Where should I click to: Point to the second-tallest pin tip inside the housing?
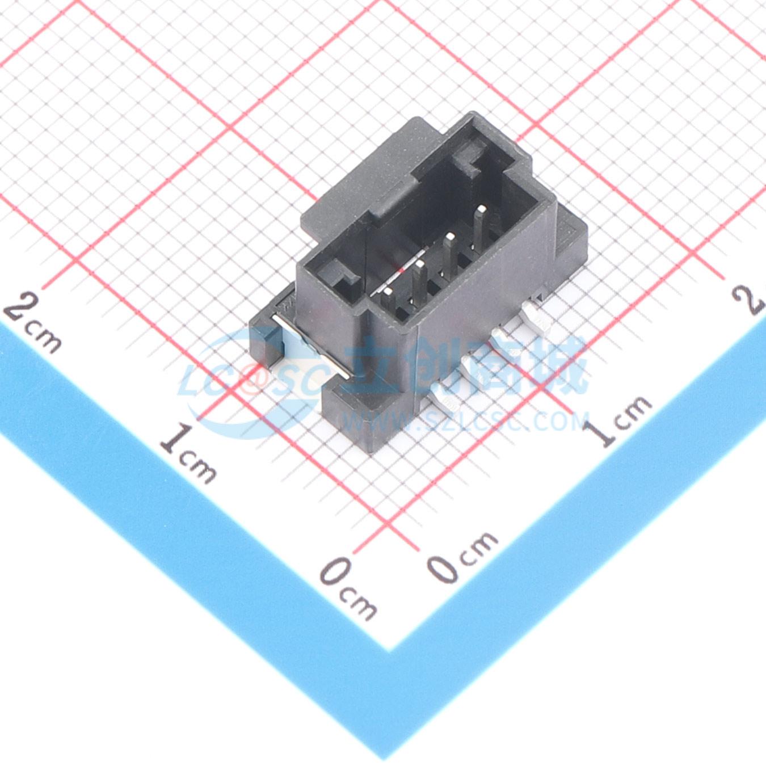pos(451,238)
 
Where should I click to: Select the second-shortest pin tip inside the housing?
pos(420,265)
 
